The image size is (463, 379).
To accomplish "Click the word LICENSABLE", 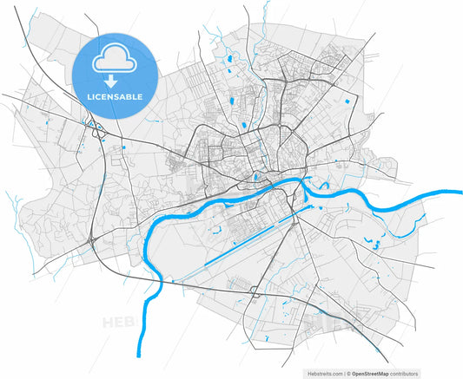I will (x=116, y=96).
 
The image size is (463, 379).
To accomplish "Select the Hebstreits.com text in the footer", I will (x=325, y=373).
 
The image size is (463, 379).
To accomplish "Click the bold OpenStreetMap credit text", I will (x=381, y=373).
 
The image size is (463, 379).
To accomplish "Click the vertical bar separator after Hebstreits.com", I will (x=346, y=373).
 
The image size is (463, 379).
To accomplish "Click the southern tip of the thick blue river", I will (x=139, y=352).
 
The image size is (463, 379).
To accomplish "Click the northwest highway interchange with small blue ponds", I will (x=96, y=131).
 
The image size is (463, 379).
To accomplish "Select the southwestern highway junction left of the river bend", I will (x=92, y=236).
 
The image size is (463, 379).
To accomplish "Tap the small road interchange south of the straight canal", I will (x=253, y=289).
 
